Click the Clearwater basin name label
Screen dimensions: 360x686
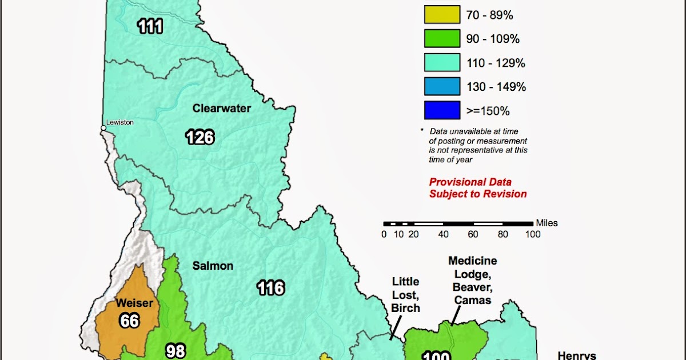(x=222, y=108)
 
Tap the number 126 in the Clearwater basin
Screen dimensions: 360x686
(x=200, y=137)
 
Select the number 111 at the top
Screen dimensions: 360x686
(x=150, y=26)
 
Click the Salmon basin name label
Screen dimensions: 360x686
(x=213, y=266)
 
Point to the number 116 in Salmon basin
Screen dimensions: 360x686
(x=270, y=287)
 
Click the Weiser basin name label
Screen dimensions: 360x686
(x=134, y=303)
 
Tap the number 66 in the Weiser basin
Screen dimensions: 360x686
(x=130, y=321)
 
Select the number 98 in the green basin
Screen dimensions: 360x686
(x=176, y=350)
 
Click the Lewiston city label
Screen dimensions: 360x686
(x=121, y=122)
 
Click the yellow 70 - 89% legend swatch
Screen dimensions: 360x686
(x=442, y=15)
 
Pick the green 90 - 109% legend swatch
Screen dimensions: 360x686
(x=442, y=39)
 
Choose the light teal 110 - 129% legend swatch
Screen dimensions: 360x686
(x=442, y=63)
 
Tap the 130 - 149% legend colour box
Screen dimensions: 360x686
(x=442, y=87)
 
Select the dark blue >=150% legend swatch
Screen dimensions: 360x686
(x=442, y=110)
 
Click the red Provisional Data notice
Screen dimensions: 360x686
(x=478, y=188)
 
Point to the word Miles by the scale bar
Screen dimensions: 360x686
(x=547, y=223)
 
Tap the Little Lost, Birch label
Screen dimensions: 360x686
(x=405, y=295)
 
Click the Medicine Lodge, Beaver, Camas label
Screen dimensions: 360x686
(x=472, y=281)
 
